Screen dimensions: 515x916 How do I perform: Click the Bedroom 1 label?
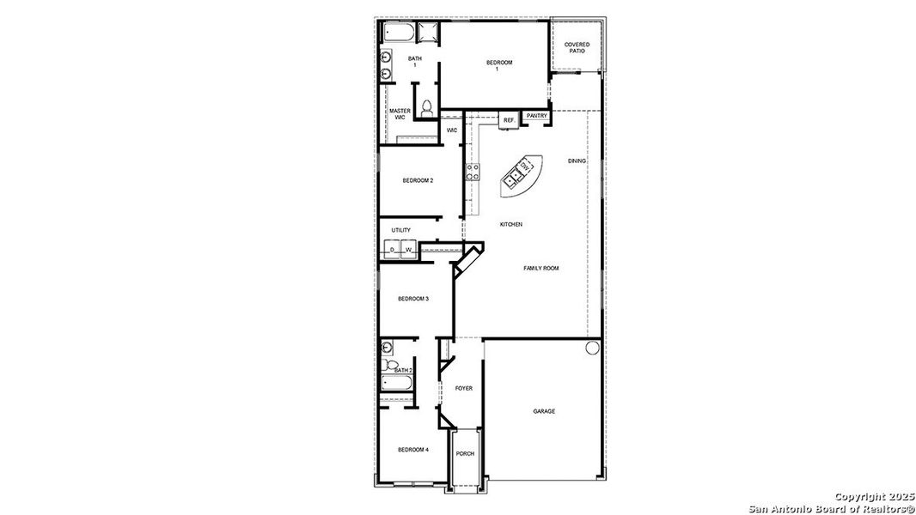click(498, 65)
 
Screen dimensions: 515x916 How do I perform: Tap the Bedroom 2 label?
click(418, 180)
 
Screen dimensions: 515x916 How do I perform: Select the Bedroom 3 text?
click(412, 299)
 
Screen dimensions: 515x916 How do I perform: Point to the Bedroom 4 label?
click(412, 450)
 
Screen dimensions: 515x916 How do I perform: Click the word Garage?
click(544, 411)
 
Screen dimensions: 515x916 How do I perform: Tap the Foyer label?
click(464, 388)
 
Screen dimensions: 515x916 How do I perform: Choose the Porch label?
click(465, 454)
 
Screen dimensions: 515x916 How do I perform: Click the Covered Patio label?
click(577, 48)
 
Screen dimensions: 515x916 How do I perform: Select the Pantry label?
click(537, 116)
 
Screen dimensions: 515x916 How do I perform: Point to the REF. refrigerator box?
click(509, 121)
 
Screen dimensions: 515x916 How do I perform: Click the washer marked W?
click(409, 250)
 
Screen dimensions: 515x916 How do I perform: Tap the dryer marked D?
click(393, 250)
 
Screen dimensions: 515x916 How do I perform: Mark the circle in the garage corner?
click(591, 348)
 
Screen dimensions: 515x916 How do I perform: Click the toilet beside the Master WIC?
click(426, 109)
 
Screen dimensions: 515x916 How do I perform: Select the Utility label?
click(400, 230)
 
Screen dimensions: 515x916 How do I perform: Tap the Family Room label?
click(541, 268)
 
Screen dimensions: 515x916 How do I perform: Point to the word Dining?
click(577, 161)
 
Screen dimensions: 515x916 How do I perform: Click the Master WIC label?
click(400, 114)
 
